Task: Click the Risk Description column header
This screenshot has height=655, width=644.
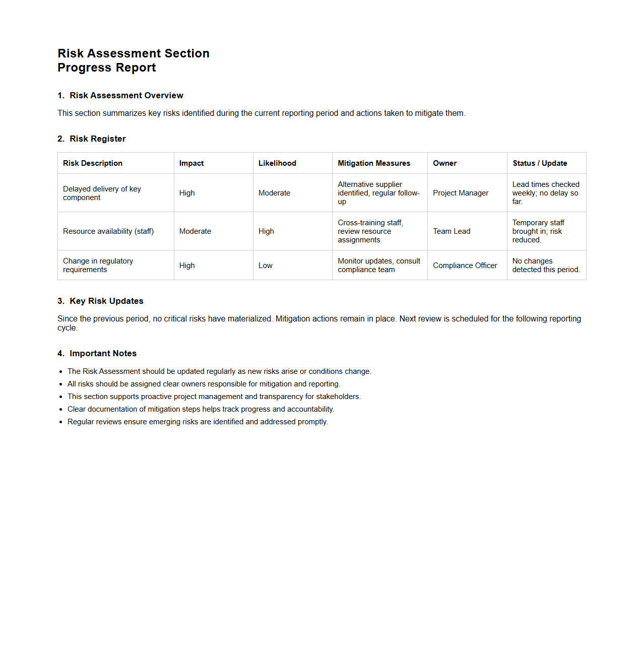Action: [93, 163]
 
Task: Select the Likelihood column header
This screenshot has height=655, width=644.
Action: [277, 163]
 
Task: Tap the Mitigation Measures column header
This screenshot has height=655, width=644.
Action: [374, 163]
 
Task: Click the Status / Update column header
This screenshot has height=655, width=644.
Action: [540, 163]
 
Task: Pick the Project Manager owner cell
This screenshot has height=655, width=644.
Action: [461, 193]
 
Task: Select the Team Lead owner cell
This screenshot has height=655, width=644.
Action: [452, 231]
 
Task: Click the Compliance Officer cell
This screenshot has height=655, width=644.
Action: [465, 266]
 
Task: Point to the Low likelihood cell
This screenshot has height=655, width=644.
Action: [266, 266]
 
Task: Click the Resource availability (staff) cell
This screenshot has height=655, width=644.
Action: [108, 231]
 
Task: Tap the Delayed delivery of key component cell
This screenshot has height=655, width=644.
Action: [102, 193]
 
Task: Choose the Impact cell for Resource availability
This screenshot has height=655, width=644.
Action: [195, 231]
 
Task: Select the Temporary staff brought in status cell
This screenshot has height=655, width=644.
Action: [538, 231]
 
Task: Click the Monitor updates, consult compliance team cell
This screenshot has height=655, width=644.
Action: [379, 265]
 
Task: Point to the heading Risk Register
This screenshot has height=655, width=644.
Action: [97, 139]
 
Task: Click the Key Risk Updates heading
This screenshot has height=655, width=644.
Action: [106, 301]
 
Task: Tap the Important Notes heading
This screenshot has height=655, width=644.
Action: [103, 354]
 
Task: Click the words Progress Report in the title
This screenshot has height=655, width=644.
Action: [107, 68]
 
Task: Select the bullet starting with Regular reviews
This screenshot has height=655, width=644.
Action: [198, 422]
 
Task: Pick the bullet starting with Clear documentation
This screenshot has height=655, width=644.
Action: [201, 409]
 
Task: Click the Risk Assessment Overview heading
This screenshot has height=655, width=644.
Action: [126, 96]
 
